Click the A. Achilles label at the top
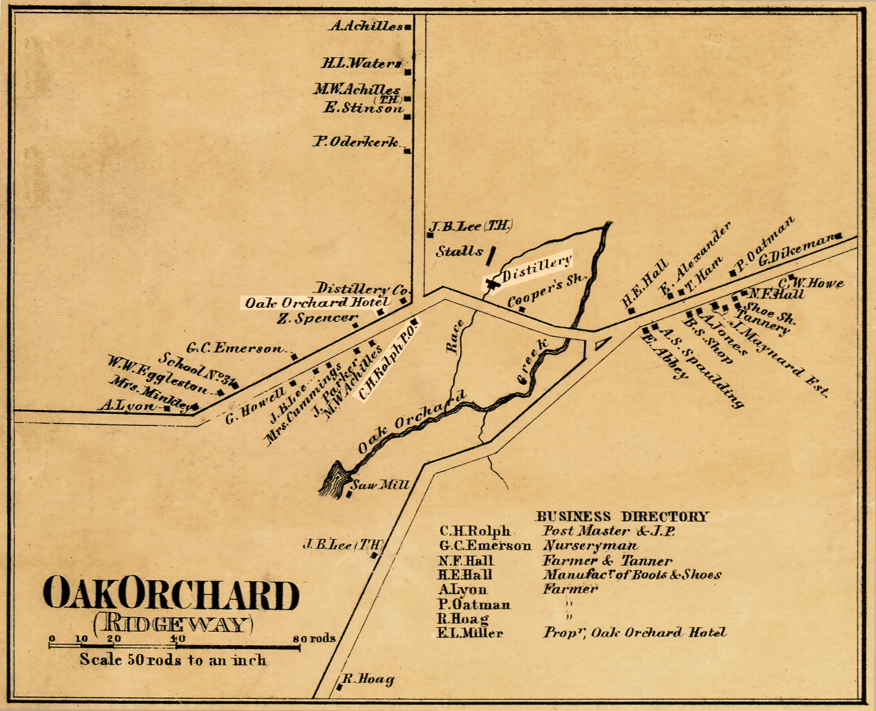tap(366, 26)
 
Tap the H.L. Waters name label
tap(361, 64)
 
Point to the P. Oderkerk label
tap(356, 142)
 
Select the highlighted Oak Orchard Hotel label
tap(317, 303)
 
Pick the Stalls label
tap(459, 252)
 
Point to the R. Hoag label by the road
tap(368, 679)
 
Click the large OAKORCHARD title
tap(171, 594)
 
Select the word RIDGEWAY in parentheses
tap(173, 624)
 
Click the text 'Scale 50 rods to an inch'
tap(172, 660)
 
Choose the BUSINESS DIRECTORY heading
tap(622, 517)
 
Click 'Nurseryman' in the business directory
tap(590, 546)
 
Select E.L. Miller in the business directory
tap(470, 633)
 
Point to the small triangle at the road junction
tap(601, 343)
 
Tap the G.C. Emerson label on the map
tap(234, 348)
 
